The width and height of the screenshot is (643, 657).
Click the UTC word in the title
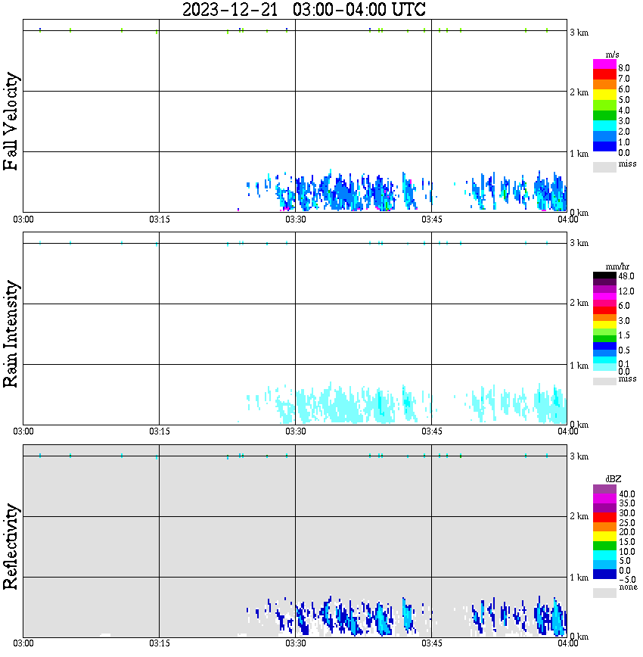[407, 10]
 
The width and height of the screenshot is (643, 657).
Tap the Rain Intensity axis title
[11, 334]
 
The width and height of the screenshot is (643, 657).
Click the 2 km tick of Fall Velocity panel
[578, 92]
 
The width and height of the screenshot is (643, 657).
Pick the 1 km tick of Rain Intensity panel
[578, 366]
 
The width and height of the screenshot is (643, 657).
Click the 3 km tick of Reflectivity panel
[578, 456]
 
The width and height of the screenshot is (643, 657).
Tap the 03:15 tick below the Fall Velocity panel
[158, 220]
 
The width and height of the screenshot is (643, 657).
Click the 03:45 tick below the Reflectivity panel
[431, 643]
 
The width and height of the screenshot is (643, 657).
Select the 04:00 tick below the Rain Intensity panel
[567, 431]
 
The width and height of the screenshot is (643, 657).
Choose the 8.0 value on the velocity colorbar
[624, 68]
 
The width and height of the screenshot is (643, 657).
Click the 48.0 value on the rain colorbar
[626, 277]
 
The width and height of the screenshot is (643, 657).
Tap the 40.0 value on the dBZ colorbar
[626, 494]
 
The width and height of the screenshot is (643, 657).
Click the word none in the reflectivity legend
[627, 587]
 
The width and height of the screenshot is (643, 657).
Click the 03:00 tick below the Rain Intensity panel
[23, 431]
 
